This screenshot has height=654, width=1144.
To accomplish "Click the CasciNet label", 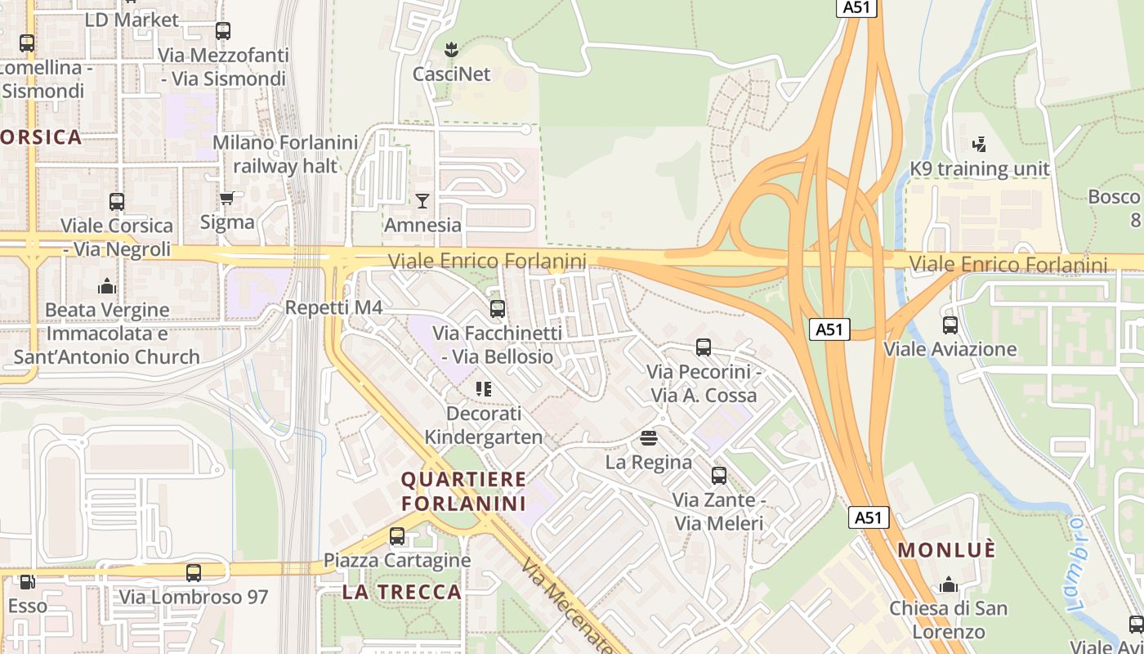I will click(x=451, y=74).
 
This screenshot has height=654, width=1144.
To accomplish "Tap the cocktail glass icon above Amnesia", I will click(x=422, y=200).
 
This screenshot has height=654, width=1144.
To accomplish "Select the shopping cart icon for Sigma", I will click(x=227, y=198).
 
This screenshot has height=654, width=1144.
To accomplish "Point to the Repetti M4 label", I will click(x=333, y=307).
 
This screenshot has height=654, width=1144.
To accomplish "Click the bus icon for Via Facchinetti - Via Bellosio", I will click(x=497, y=309).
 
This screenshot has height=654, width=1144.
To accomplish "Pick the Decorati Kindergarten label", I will click(x=483, y=425).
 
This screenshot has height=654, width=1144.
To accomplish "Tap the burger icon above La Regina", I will click(x=649, y=438).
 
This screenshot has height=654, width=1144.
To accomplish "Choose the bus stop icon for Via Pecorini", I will click(x=704, y=347).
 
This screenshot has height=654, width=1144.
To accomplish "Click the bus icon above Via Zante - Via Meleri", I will click(x=719, y=476).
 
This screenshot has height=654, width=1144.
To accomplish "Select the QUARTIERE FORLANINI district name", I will click(x=464, y=490).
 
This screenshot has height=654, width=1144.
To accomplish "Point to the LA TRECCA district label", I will click(x=402, y=592).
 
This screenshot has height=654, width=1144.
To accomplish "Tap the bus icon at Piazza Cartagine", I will click(x=397, y=536).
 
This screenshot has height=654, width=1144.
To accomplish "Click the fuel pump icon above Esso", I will click(x=27, y=582).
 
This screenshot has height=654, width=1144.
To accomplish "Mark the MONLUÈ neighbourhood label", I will click(x=947, y=550).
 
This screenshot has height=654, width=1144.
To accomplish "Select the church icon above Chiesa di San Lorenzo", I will click(x=949, y=585).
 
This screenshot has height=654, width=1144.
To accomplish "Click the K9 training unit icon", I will click(x=979, y=145).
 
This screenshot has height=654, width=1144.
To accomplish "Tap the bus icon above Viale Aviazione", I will click(x=950, y=325).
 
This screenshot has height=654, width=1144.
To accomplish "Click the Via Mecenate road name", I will click(x=567, y=607).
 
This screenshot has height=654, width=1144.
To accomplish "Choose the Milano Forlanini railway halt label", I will click(x=285, y=154).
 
